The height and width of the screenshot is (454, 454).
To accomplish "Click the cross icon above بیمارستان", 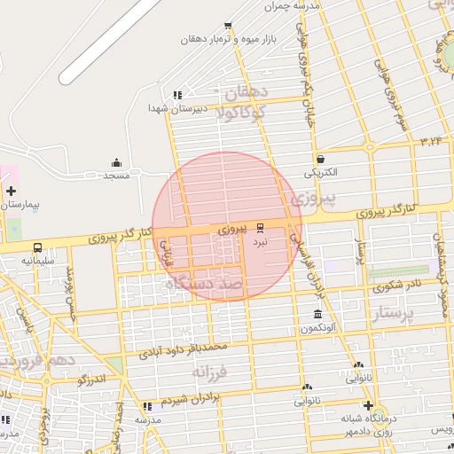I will pos(10,191).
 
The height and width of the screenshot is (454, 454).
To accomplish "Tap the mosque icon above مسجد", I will pos(117,162).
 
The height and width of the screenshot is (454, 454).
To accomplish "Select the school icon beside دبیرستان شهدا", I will pos(177,95).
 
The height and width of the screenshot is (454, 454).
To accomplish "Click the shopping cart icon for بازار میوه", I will pos(228,26).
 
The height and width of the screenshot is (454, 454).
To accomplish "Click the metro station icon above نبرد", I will pos(260,226).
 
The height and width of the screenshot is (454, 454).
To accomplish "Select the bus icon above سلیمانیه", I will pos(37,248).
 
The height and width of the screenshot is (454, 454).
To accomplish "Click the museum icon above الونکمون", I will pos(317,315).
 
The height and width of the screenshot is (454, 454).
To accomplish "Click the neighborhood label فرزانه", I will pos(211,371).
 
